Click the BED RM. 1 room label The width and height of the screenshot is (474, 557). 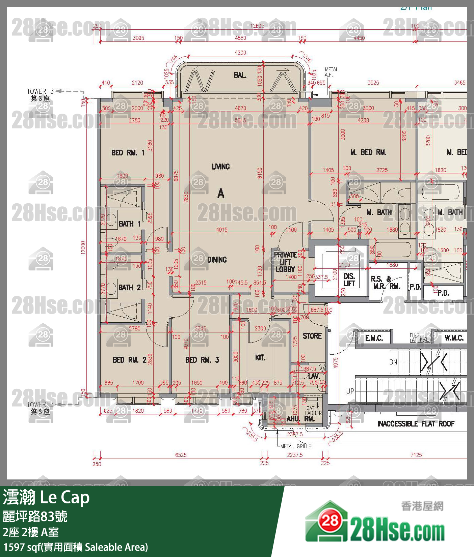pyautogui.click(x=128, y=153)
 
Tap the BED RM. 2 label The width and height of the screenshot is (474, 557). pyautogui.click(x=129, y=360)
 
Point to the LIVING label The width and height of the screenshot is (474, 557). pyautogui.click(x=220, y=167)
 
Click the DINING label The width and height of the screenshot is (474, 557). pyautogui.click(x=217, y=260)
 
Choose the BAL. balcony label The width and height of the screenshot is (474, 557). pyautogui.click(x=240, y=75)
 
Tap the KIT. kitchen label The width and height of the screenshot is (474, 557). pyautogui.click(x=260, y=358)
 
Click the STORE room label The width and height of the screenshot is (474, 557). pyautogui.click(x=312, y=336)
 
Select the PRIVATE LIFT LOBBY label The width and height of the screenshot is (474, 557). pyautogui.click(x=285, y=262)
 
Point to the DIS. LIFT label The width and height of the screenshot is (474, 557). pyautogui.click(x=349, y=280)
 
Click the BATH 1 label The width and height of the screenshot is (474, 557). pyautogui.click(x=129, y=224)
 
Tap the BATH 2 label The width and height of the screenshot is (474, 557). pyautogui.click(x=129, y=288)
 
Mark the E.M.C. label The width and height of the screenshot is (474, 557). pyautogui.click(x=374, y=338)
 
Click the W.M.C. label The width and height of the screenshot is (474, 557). pyautogui.click(x=454, y=338)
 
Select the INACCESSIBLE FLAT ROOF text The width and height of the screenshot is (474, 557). pyautogui.click(x=416, y=424)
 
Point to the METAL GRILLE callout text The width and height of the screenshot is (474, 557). pyautogui.click(x=296, y=446)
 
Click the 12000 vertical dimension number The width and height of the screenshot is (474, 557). pyautogui.click(x=83, y=248)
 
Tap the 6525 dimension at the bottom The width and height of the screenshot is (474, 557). pyautogui.click(x=181, y=455)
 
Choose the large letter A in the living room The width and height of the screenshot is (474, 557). pyautogui.click(x=221, y=194)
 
